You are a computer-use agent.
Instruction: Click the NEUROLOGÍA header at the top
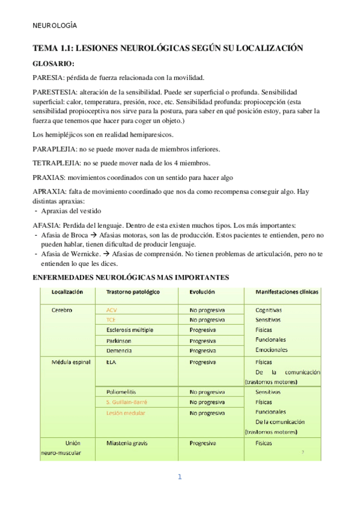(55, 25)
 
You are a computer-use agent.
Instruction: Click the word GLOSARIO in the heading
(53, 63)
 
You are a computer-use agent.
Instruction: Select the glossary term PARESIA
(49, 78)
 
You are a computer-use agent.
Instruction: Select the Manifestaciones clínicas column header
(287, 292)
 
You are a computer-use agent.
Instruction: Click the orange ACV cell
(112, 310)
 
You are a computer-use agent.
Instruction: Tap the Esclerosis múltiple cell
(130, 330)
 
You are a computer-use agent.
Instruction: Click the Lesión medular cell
(126, 413)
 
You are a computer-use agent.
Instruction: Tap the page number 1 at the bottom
(179, 478)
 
